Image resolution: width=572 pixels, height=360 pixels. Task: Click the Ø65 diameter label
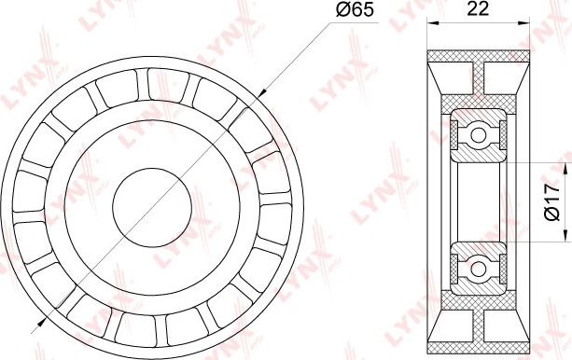pyautogui.click(x=355, y=10)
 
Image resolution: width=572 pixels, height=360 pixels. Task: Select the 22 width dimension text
pyautogui.click(x=478, y=8)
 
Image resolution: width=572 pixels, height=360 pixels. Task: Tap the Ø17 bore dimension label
pyautogui.click(x=551, y=201)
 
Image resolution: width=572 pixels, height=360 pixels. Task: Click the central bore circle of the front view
pyautogui.click(x=152, y=207)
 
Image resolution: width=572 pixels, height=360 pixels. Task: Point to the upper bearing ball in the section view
pyautogui.click(x=479, y=135)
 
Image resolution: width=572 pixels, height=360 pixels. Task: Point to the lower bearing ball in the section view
pyautogui.click(x=479, y=270)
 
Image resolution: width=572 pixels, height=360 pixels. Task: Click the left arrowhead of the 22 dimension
pyautogui.click(x=433, y=22)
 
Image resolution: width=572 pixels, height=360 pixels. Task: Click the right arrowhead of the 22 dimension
pyautogui.click(x=524, y=22)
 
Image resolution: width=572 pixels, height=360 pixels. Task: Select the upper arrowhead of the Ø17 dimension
pyautogui.click(x=565, y=168)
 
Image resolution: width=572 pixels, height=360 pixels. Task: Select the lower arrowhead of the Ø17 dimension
pyautogui.click(x=565, y=236)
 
